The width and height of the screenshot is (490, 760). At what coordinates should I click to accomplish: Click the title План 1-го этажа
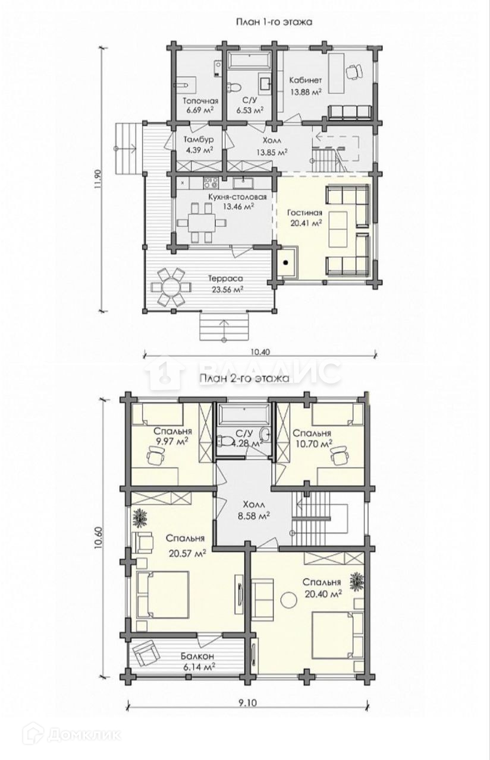[274, 23]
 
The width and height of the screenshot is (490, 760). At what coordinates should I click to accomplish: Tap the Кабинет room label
[306, 80]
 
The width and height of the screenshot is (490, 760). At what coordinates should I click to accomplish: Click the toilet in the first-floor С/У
[233, 86]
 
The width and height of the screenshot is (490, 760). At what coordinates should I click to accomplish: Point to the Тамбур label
[199, 140]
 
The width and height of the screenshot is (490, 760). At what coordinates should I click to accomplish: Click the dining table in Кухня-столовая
[202, 222]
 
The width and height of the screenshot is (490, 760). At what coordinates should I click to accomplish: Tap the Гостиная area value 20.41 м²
[304, 223]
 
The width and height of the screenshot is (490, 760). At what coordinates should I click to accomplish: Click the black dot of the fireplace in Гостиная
[286, 262]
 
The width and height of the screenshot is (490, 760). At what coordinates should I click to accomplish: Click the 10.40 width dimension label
[260, 352]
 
